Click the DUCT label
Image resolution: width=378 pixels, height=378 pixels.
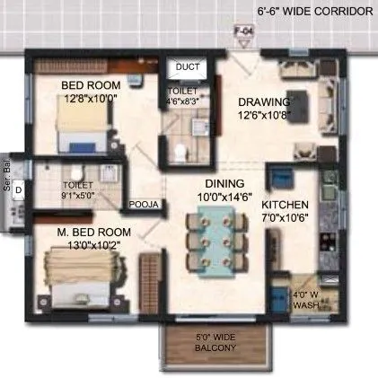click(188, 66)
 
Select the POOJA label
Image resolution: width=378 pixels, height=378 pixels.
click(144, 205)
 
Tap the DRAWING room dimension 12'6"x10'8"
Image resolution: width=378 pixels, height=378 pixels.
click(263, 115)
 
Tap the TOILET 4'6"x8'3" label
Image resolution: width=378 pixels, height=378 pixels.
click(184, 97)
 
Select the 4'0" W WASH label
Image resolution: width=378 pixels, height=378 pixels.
click(304, 300)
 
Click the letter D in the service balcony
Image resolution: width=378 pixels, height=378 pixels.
click(18, 189)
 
